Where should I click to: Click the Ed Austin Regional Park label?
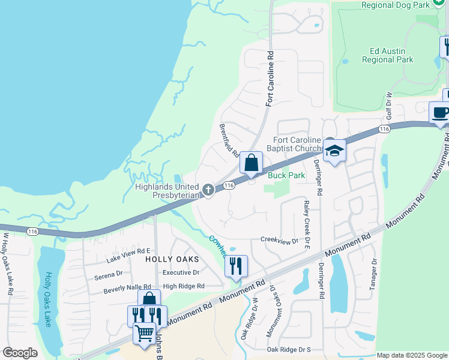387,55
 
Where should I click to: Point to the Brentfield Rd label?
229,140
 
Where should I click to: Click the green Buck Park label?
286,175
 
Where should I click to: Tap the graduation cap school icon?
334,151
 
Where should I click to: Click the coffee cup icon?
440,112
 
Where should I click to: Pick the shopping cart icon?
144,332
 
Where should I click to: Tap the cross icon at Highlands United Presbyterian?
208,190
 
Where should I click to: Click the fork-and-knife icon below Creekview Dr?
236,266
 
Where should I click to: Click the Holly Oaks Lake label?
48,300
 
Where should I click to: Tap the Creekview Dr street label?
279,239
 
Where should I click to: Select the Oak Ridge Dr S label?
289,349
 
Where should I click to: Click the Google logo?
20,353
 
